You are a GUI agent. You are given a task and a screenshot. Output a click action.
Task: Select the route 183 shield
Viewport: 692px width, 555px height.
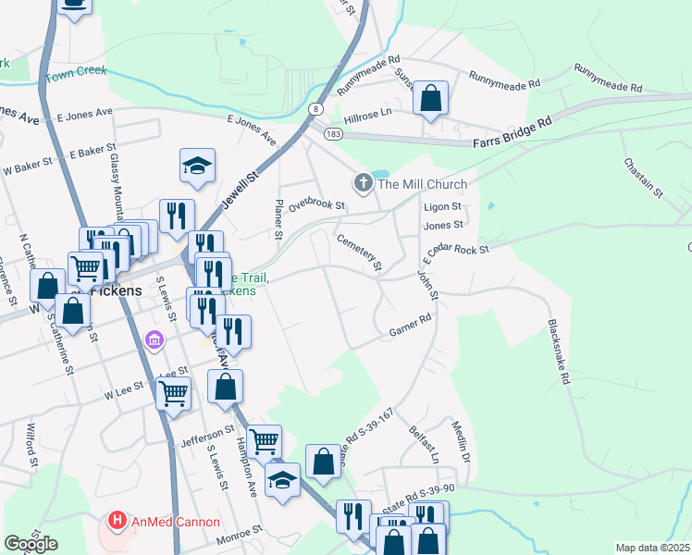point(334,135)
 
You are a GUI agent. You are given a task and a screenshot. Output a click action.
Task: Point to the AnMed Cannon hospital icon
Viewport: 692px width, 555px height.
point(117,521)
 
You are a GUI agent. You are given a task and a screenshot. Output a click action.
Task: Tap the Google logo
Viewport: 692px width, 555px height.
point(31,543)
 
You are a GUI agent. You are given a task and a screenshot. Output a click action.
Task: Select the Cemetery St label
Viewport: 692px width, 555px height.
point(360,252)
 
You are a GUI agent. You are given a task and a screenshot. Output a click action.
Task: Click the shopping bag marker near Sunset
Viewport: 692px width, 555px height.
point(431,98)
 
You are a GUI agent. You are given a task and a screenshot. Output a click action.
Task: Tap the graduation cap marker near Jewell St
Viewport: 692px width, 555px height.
point(197,166)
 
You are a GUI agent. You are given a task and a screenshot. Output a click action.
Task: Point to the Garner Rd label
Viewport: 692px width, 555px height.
point(411,324)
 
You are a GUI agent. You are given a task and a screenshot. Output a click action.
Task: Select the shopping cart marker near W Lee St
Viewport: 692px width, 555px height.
point(173,394)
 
